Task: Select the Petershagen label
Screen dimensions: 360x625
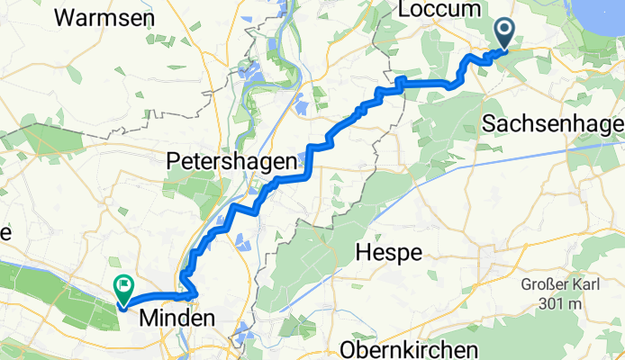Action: [231, 162]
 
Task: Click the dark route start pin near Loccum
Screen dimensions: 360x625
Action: [503, 34]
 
